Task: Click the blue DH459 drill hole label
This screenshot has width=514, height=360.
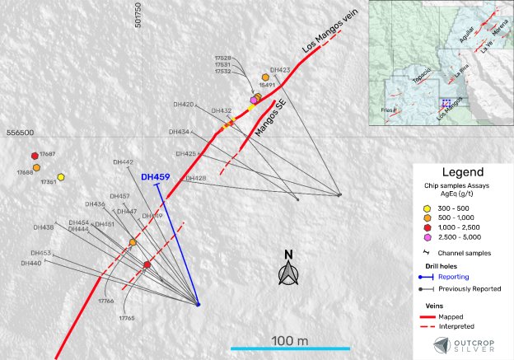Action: point(155,176)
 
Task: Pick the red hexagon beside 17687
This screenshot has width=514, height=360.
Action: point(35,155)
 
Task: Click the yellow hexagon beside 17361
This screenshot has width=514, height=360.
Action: point(61,176)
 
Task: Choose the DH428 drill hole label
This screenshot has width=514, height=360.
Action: point(195,178)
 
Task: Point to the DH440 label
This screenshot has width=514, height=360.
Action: point(31,263)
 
